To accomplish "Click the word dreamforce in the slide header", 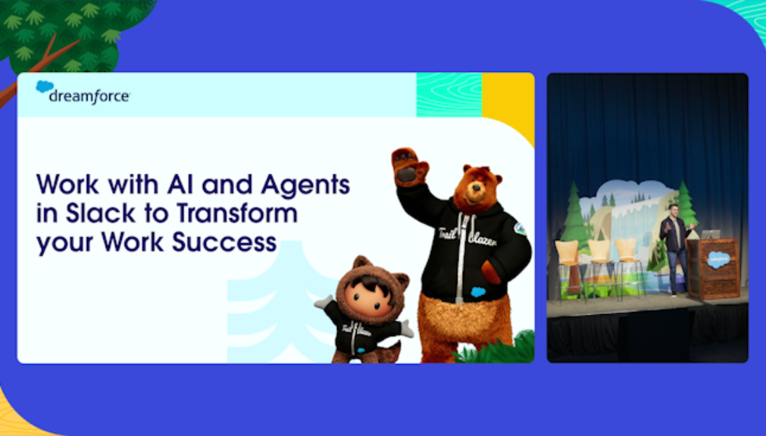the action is coord(89,96).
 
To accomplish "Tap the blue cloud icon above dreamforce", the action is coord(45,86).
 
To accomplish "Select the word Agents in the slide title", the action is coord(305,185).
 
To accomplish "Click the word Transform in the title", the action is coord(237,213).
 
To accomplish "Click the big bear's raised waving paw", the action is coord(409,166).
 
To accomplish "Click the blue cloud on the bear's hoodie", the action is coord(478,292).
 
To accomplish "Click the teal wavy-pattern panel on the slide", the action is coord(449,95).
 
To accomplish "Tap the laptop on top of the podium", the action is coord(711,235).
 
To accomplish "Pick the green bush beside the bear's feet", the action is coord(499,350).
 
